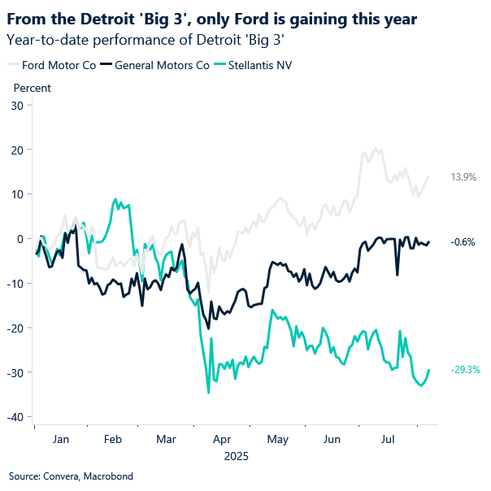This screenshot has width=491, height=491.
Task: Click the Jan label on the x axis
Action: (x=61, y=438)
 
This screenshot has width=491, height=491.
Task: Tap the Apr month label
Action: (x=221, y=438)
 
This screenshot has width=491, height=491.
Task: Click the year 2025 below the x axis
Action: (x=236, y=456)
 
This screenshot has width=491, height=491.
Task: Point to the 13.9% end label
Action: (x=463, y=176)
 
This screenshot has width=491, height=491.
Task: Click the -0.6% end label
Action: (x=463, y=241)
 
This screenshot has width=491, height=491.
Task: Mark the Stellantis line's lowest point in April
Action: (x=208, y=393)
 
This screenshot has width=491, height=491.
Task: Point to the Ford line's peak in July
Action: (x=376, y=149)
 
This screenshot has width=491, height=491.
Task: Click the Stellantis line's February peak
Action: (x=115, y=198)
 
